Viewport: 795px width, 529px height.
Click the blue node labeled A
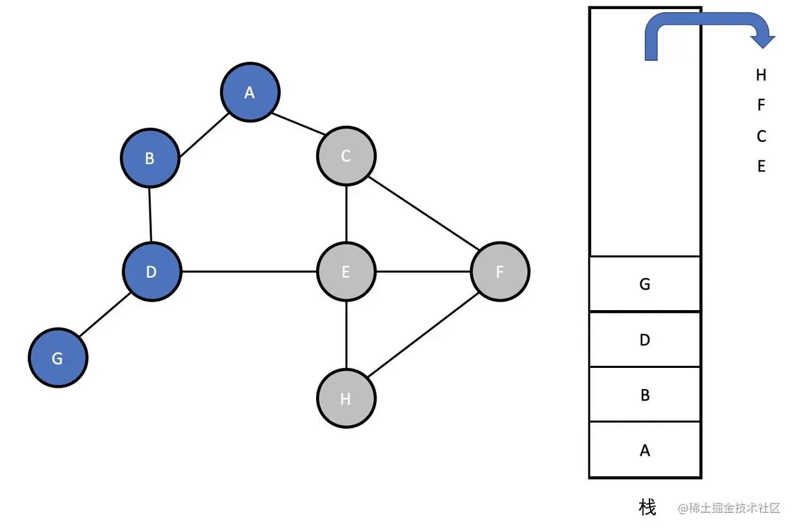pyautogui.click(x=250, y=92)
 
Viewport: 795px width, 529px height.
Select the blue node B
pyautogui.click(x=150, y=158)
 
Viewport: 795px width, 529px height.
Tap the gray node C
pyautogui.click(x=346, y=156)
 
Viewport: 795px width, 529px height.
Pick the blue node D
pyautogui.click(x=151, y=272)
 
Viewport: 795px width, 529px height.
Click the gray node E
pyautogui.click(x=346, y=272)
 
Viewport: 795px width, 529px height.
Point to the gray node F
pyautogui.click(x=500, y=272)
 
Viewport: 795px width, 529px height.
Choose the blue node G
pyautogui.click(x=58, y=358)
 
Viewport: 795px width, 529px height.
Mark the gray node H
pyautogui.click(x=346, y=399)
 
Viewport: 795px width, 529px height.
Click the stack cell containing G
pyautogui.click(x=645, y=284)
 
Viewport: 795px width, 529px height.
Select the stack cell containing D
pyautogui.click(x=645, y=340)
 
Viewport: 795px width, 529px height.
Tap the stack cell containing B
pyautogui.click(x=645, y=395)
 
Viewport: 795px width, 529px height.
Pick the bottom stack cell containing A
pyautogui.click(x=645, y=450)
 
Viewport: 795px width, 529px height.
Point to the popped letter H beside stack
pyautogui.click(x=761, y=75)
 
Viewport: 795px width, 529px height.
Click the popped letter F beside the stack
pyautogui.click(x=761, y=105)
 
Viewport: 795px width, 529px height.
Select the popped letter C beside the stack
pyautogui.click(x=761, y=136)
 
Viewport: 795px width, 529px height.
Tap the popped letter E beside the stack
pyautogui.click(x=761, y=166)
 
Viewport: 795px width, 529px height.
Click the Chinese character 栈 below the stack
pyautogui.click(x=648, y=507)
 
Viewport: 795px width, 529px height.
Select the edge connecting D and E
pyautogui.click(x=250, y=272)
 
